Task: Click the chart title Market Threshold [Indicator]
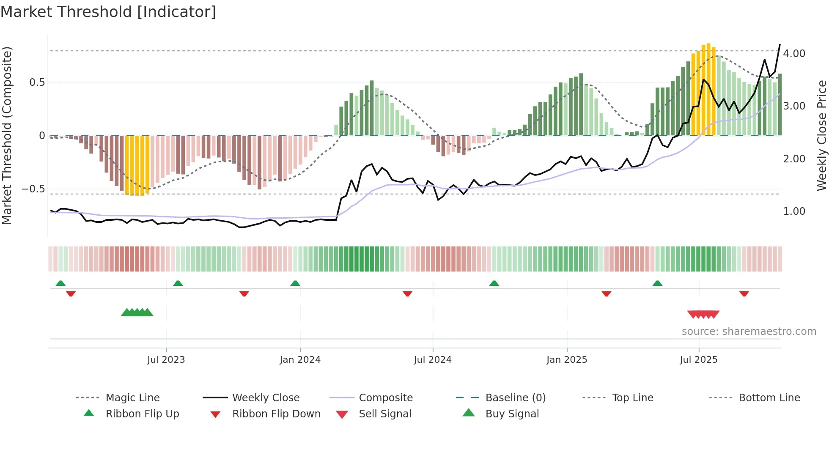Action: (108, 12)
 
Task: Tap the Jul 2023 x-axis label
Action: (166, 360)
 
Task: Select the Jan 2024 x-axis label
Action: (300, 360)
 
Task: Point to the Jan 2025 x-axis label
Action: (566, 360)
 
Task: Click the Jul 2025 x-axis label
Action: (698, 360)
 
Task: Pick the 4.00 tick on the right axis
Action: (794, 54)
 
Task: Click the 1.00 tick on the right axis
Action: (794, 211)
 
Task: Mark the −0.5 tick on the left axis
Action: (33, 189)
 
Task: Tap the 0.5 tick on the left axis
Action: (37, 82)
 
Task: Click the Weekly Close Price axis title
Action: (821, 135)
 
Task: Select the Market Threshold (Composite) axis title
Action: (7, 135)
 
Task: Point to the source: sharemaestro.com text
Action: (749, 332)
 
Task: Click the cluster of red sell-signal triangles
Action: (703, 314)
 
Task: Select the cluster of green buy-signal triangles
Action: (137, 312)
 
